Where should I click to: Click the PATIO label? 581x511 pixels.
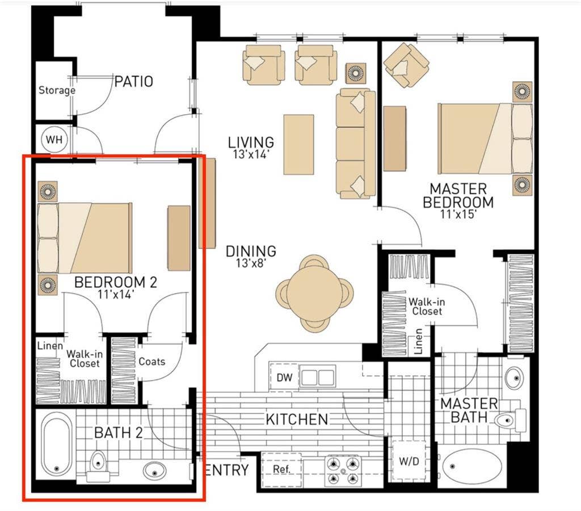pos(134,81)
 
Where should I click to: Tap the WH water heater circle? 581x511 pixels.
pos(54,140)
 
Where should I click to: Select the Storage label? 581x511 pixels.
pos(57,90)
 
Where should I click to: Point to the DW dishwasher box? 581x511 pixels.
pos(284,378)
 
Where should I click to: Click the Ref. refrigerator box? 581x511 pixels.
pos(281,470)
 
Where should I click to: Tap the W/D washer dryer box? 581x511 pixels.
pos(409,461)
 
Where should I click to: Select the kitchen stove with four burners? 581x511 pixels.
pos(343,471)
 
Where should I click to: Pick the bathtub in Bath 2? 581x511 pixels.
pos(56,444)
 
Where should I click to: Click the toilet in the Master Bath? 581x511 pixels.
pos(511,420)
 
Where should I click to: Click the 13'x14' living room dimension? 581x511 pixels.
pos(250,154)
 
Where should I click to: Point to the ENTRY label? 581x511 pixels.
pos(227,470)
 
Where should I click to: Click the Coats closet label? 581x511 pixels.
pos(152,361)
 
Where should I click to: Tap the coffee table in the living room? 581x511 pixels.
pos(298,144)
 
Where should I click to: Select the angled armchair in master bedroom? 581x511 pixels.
pos(406,65)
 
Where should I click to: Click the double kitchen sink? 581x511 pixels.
pos(318,378)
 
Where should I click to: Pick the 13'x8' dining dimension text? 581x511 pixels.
pos(251,263)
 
